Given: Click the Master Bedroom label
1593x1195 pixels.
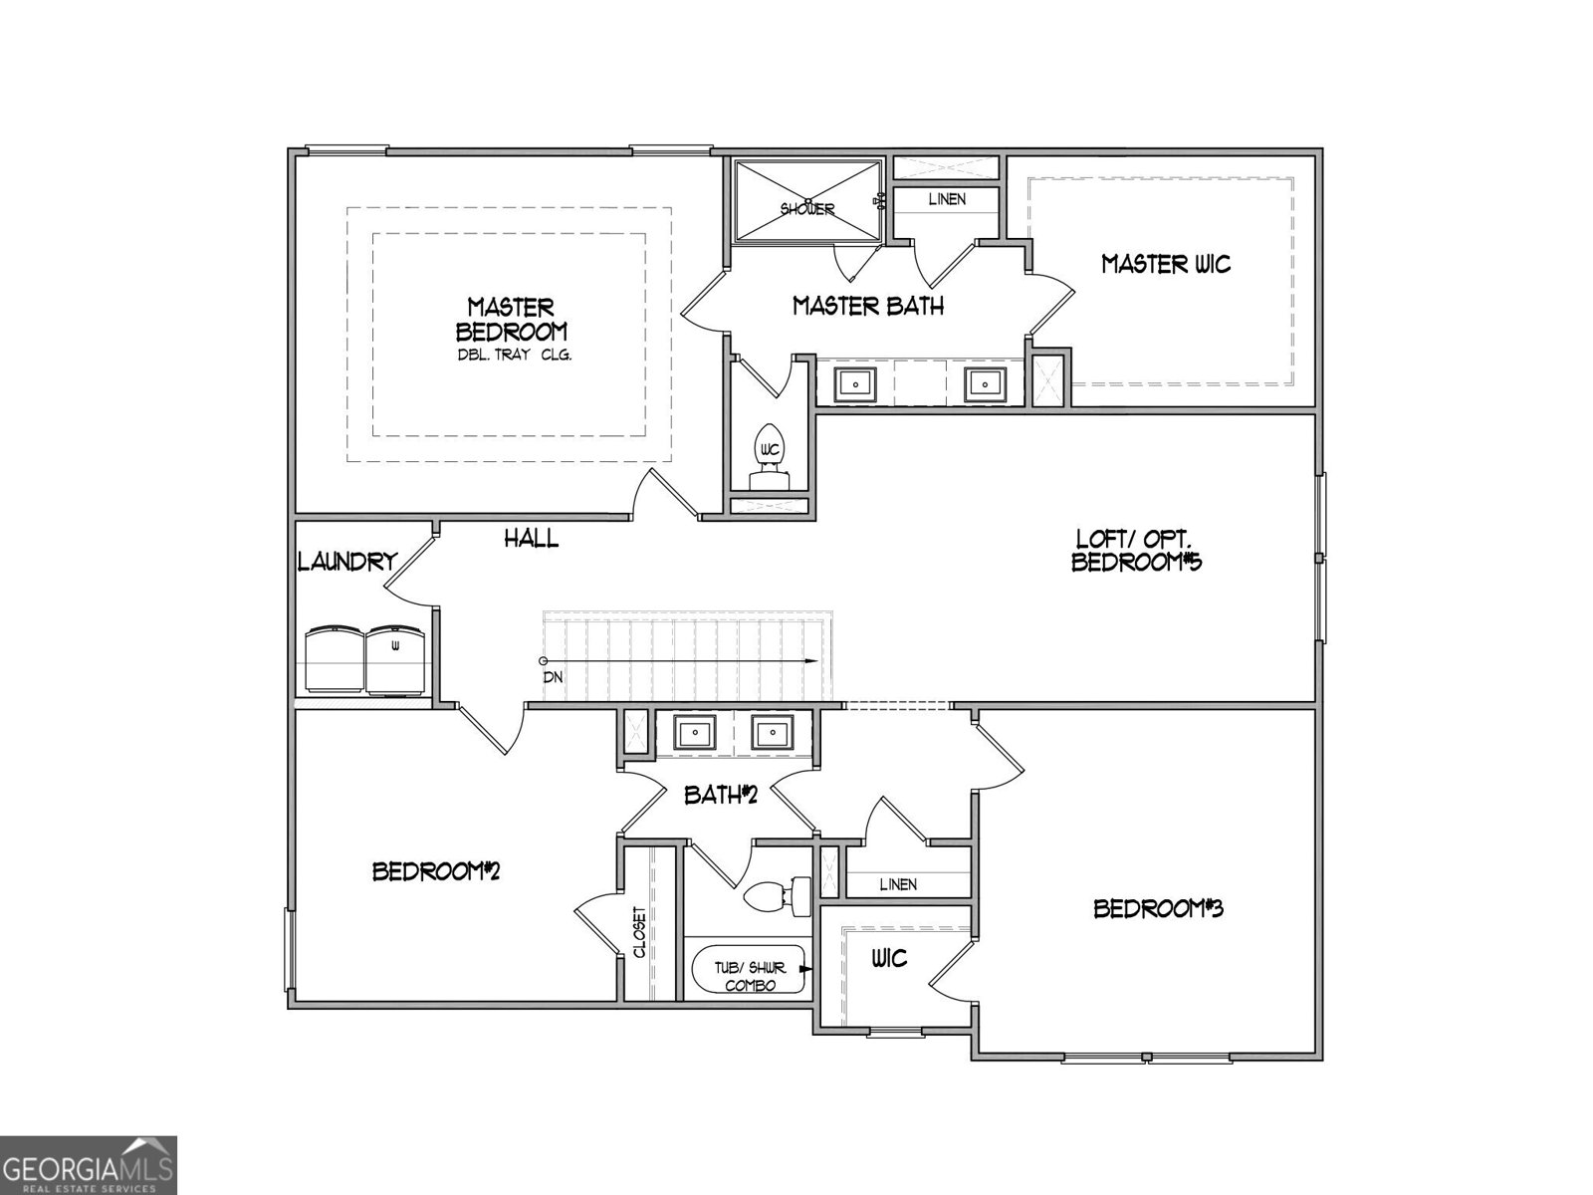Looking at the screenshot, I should coord(512,319).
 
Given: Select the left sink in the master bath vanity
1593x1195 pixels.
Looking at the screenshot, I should coord(854,382).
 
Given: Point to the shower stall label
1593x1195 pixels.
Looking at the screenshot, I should coord(807,209).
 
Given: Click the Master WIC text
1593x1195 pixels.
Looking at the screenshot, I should coord(1166,264).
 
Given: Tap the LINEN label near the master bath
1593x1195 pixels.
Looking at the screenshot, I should coord(947,199).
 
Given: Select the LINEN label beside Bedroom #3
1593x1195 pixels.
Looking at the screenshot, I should coord(898,884).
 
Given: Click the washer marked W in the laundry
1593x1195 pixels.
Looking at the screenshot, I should coord(396,658).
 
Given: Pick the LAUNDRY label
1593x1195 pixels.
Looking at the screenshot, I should coord(347,563).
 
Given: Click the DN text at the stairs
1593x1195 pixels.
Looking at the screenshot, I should coord(554,677).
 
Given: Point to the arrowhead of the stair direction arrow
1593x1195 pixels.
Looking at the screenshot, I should coord(813,661).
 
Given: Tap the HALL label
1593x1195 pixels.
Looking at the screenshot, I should coord(531,539).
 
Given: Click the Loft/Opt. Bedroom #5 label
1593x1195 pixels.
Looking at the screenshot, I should coord(1136,551).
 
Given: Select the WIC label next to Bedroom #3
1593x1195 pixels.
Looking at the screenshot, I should coord(889,958).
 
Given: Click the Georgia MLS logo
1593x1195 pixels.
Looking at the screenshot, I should coord(88,1165).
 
